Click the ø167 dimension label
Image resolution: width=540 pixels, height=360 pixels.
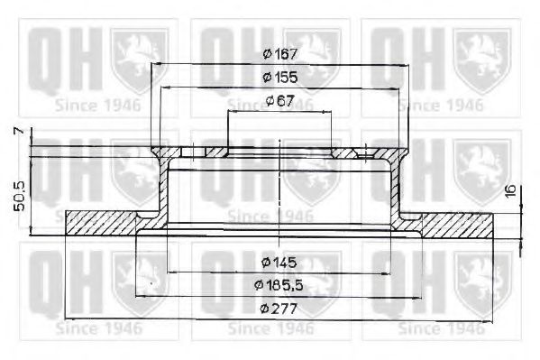coord(280,54)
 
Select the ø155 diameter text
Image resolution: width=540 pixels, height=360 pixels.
coord(280,78)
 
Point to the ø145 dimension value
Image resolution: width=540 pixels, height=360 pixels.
coord(279,263)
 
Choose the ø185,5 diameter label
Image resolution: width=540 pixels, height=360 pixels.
coord(279,286)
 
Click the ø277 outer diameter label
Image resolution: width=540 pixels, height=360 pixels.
coord(279,309)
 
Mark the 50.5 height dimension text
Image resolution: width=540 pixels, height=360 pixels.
coord(11,194)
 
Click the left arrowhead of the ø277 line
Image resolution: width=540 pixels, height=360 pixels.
coord(70,319)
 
